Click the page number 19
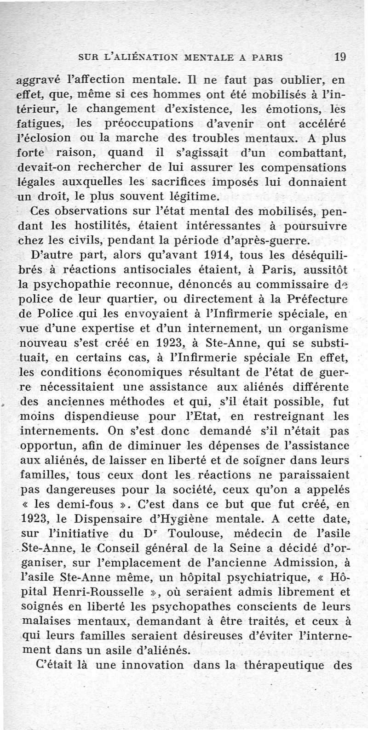pos(340,57)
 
